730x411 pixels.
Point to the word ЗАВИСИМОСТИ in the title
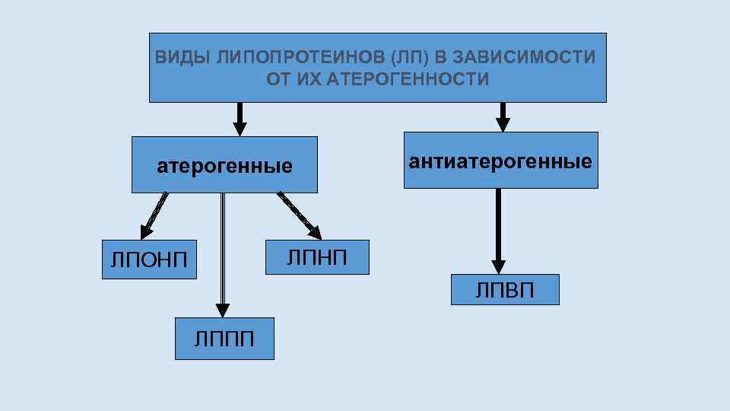click(525, 57)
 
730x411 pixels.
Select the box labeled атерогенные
click(224, 165)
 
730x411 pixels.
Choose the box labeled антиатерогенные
click(500, 161)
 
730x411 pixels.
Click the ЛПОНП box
click(148, 260)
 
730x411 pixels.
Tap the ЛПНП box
click(317, 256)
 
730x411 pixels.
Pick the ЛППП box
click(224, 338)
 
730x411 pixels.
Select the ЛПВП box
click(505, 289)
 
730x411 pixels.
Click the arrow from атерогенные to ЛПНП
click(298, 214)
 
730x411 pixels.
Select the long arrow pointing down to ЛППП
click(223, 251)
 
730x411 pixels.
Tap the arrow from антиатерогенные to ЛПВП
click(498, 228)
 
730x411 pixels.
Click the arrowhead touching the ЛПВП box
click(498, 266)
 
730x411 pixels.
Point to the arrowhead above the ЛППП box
click(222, 310)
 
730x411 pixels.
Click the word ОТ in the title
click(278, 79)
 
